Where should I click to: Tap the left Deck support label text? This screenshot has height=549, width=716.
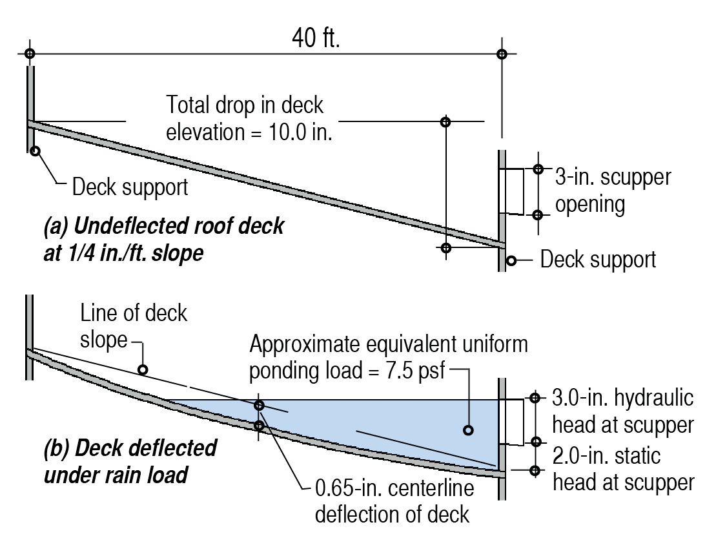pos(130,187)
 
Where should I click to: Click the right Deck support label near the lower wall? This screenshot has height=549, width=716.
pos(598,260)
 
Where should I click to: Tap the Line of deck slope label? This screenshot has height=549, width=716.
pos(133,327)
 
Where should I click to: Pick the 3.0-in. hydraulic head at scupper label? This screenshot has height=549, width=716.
pos(623,411)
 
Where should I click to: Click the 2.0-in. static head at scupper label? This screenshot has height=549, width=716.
pos(623,468)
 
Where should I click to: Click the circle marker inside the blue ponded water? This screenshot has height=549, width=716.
pos(468,430)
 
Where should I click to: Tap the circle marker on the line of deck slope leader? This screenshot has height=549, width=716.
pos(143,370)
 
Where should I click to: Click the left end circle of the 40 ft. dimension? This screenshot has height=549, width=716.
pos(30,54)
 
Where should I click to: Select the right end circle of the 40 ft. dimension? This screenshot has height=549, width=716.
pos(502,54)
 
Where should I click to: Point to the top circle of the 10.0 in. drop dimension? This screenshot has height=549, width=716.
pos(445,121)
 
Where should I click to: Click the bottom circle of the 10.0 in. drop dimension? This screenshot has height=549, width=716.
pos(445,247)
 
